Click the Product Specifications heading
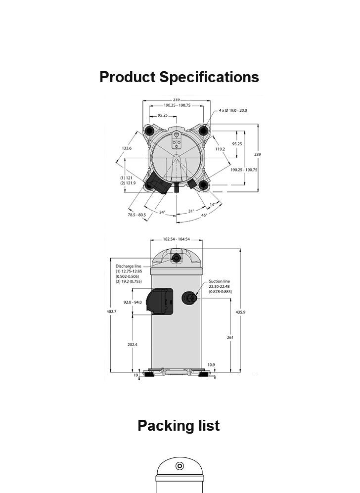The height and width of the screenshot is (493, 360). click(179, 77)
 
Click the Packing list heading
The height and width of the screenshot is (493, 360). click(179, 426)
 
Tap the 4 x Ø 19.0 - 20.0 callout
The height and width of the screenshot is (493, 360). click(233, 110)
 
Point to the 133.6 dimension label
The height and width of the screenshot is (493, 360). click(127, 148)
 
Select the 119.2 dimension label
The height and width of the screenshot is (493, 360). click(220, 149)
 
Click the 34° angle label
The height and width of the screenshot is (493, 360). click(162, 212)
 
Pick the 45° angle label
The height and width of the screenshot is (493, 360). click(204, 216)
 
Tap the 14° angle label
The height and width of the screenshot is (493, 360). click(213, 205)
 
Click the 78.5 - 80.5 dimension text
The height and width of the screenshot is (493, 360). click(137, 215)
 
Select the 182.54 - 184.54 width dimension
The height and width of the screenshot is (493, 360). click(177, 239)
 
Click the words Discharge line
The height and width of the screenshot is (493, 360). click(128, 267)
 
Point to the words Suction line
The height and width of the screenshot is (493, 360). click(220, 281)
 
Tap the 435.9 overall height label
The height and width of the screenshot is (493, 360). click(240, 312)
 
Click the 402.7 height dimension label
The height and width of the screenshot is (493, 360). click(111, 312)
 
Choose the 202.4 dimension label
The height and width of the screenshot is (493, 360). click(133, 345)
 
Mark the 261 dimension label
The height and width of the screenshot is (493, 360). click(230, 337)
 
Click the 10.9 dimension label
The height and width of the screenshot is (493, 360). click(211, 365)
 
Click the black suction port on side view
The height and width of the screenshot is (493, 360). click(189, 298)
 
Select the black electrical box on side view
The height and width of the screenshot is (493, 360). click(160, 302)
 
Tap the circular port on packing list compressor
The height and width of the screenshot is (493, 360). click(180, 466)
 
